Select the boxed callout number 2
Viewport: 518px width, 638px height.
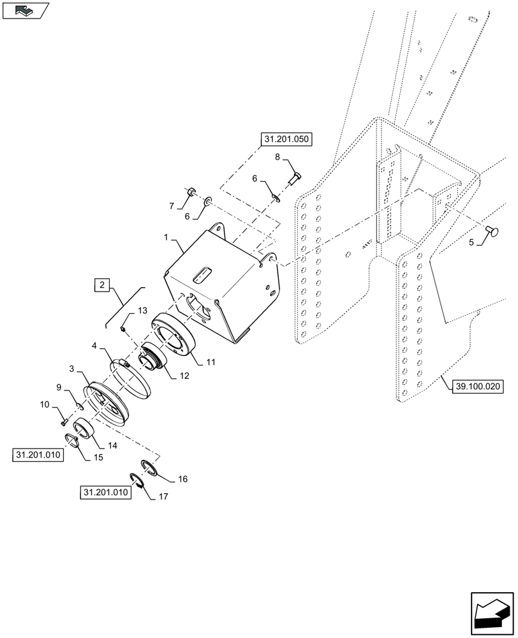(x=103, y=285)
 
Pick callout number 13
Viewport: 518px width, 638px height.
(x=142, y=310)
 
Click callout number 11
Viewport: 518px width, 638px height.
(x=211, y=361)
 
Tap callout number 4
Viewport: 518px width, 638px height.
(x=94, y=346)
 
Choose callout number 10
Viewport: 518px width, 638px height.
(x=44, y=404)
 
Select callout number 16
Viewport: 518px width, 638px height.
(x=182, y=478)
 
